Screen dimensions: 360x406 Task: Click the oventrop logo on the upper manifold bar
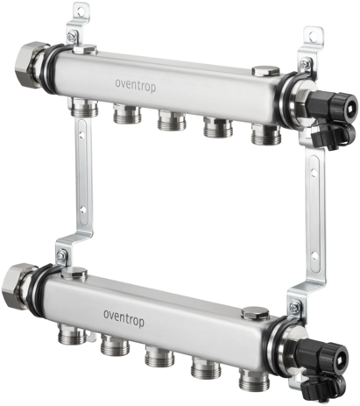coord(136,86)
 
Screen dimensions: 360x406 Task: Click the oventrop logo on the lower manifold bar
coord(124,317)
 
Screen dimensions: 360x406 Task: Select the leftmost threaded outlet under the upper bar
coord(85,108)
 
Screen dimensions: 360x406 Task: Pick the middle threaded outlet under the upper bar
coord(172,120)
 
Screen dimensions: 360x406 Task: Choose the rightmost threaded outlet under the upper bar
coord(266,133)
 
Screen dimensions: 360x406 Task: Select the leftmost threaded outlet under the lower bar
coord(72,333)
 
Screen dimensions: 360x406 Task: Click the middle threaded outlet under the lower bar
coord(159,355)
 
